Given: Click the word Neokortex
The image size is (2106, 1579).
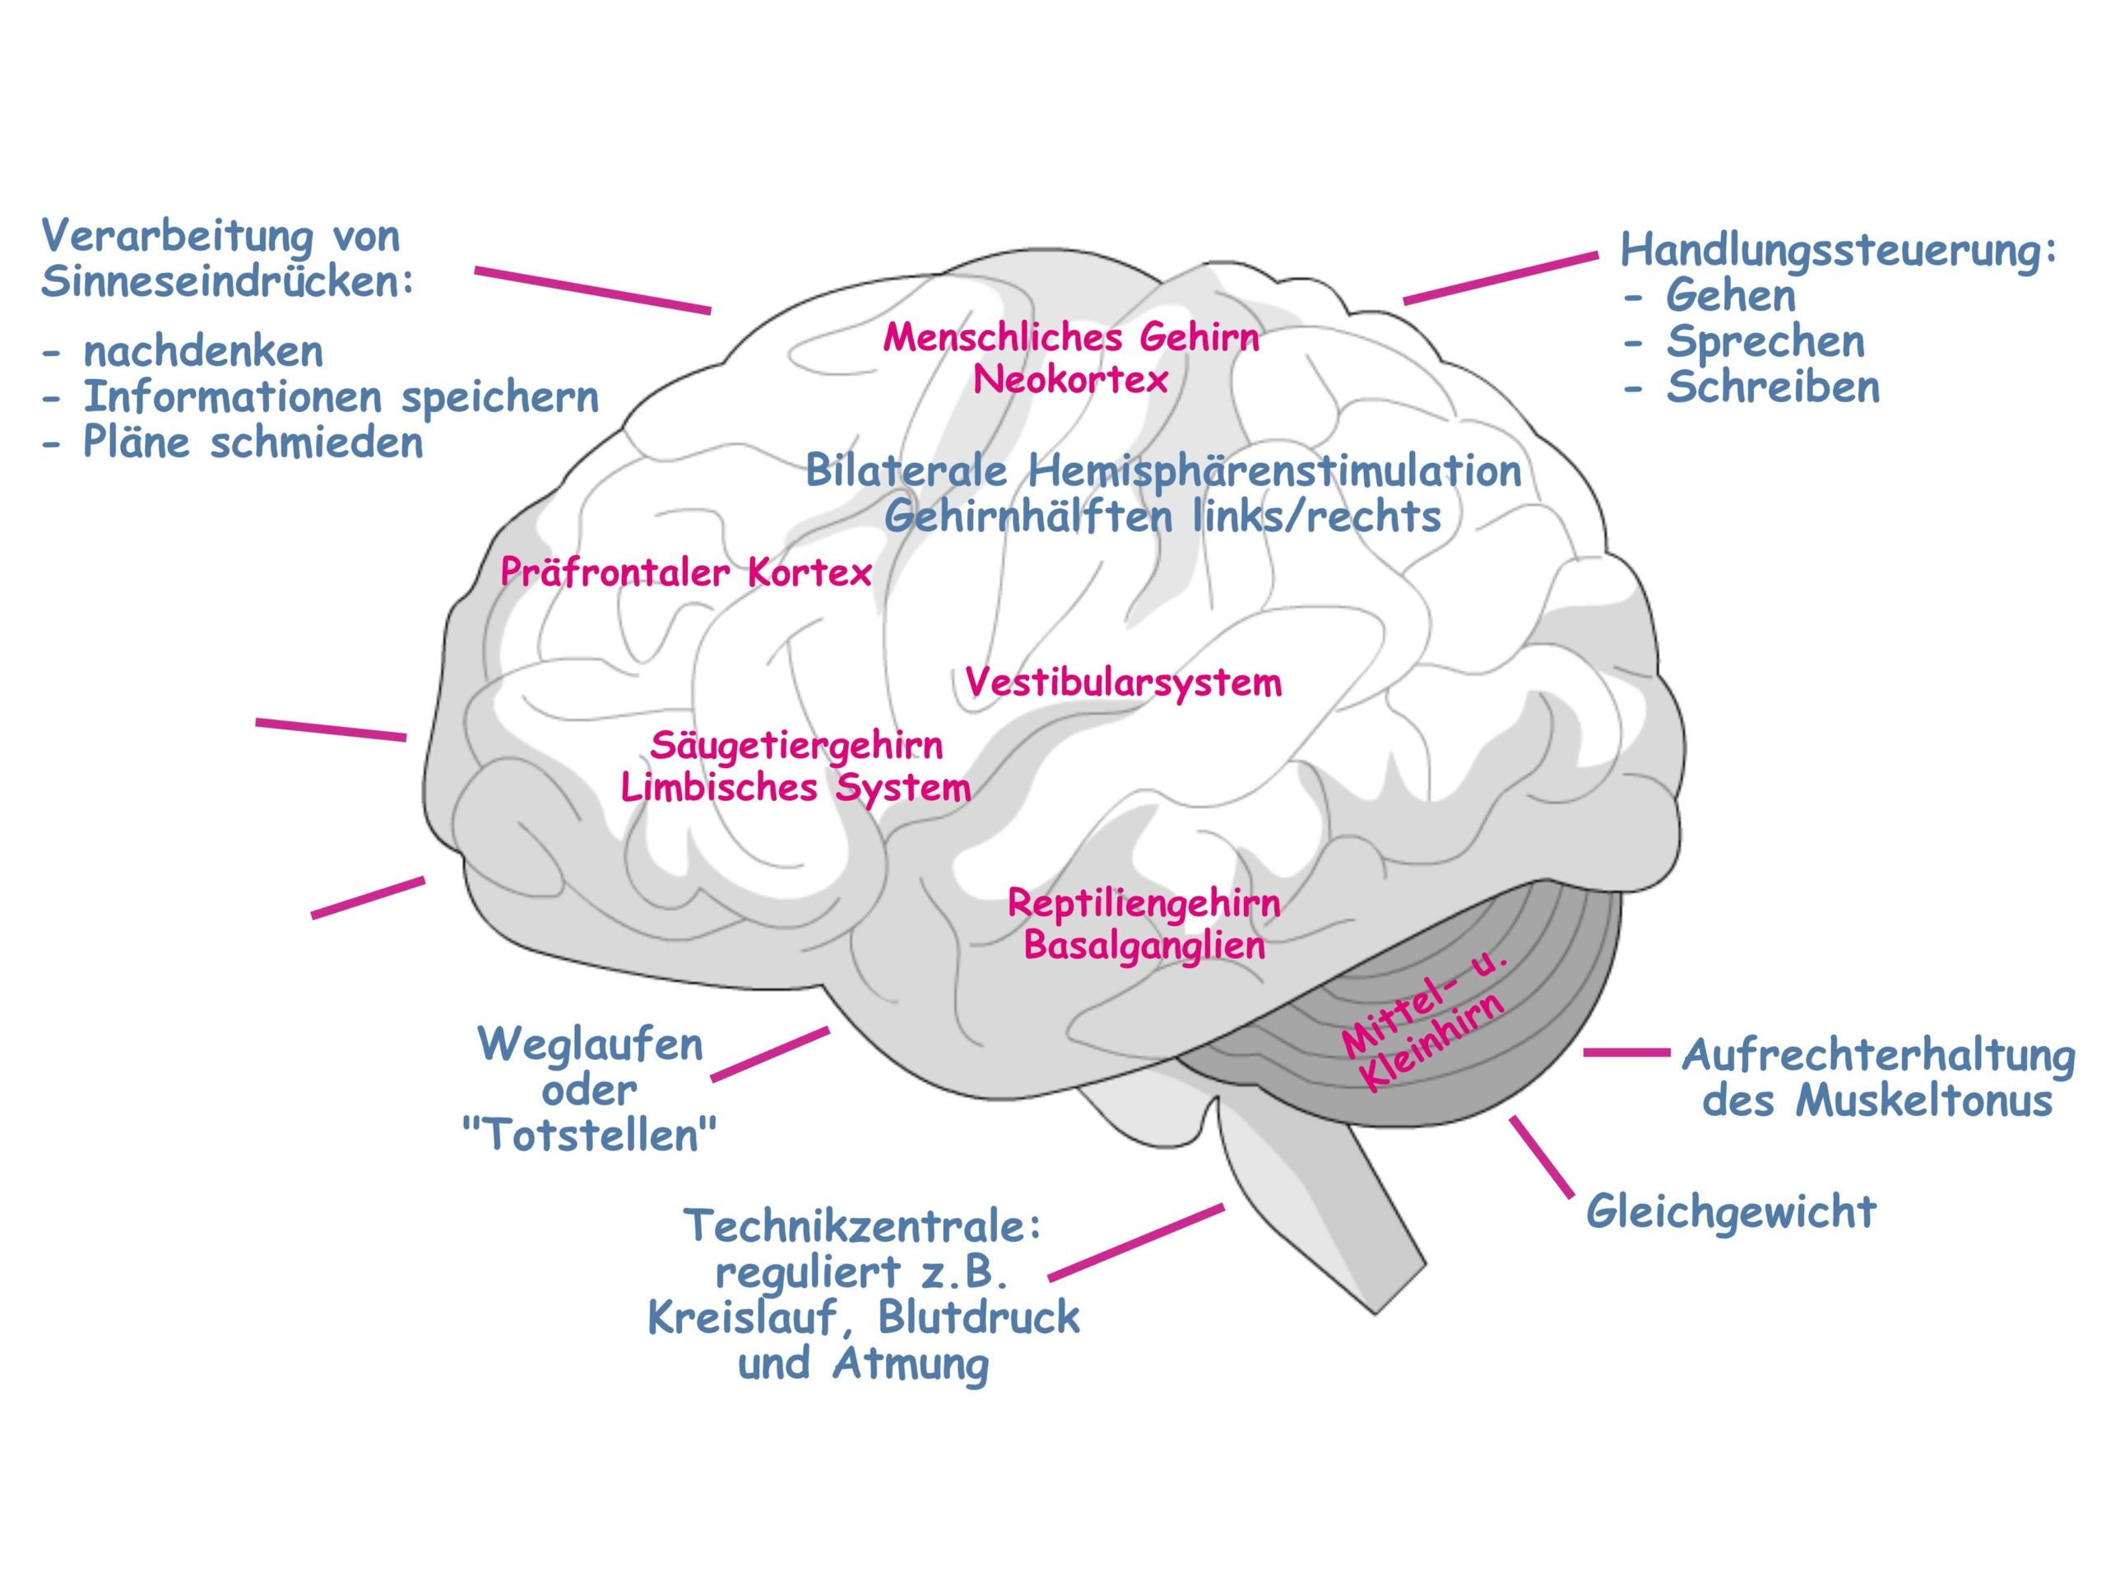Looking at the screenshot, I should pyautogui.click(x=1070, y=380).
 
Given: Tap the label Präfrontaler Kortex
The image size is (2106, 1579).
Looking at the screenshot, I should pyautogui.click(x=685, y=572).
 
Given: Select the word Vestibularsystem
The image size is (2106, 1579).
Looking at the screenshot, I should pyautogui.click(x=1124, y=683).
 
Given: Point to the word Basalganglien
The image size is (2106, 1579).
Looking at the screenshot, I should pyautogui.click(x=1143, y=945).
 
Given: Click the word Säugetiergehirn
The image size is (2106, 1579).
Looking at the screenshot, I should pyautogui.click(x=796, y=745).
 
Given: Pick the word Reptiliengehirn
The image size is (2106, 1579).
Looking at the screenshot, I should pyautogui.click(x=1143, y=902).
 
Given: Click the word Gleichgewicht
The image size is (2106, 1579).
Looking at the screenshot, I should pyautogui.click(x=1731, y=1211).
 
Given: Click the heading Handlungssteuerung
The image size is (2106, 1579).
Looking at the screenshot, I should pyautogui.click(x=1838, y=250).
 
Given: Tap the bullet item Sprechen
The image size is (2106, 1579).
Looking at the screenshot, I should pyautogui.click(x=1765, y=341).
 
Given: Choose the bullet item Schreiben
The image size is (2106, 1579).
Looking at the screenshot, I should pyautogui.click(x=1773, y=387).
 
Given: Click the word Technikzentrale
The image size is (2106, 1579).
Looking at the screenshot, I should pyautogui.click(x=861, y=1226).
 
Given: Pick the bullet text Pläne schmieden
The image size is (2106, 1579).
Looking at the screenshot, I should pyautogui.click(x=253, y=442).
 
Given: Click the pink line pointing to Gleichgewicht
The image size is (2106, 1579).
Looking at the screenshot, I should pyautogui.click(x=1542, y=1155).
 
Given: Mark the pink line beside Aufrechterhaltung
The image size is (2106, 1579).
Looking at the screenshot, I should pyautogui.click(x=1626, y=1052).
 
